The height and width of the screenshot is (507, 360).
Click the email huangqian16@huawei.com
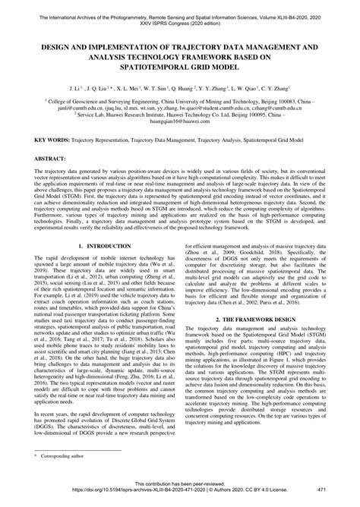click(x=180, y=120)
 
